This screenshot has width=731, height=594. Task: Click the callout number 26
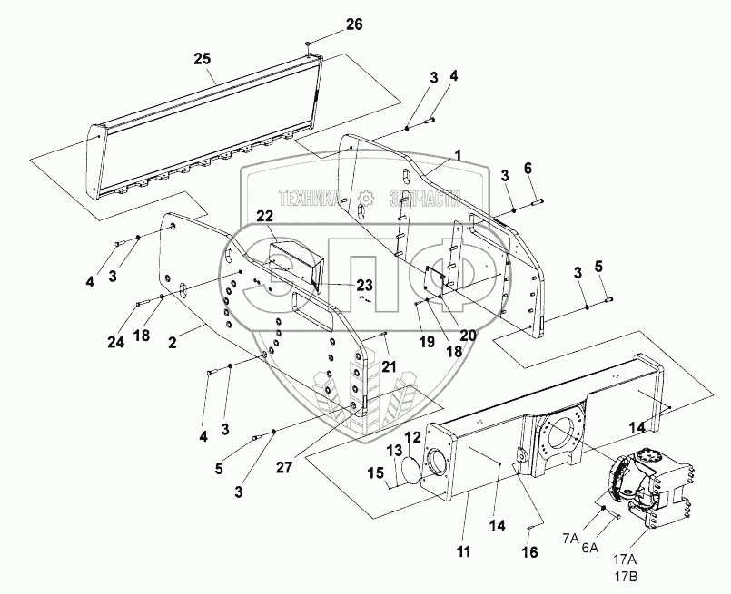(354, 24)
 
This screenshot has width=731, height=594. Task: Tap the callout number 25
(203, 59)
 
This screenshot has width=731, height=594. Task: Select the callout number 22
(264, 216)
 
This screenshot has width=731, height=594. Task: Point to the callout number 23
(364, 284)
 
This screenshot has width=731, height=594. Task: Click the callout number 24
(116, 342)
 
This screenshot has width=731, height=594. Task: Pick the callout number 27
(283, 467)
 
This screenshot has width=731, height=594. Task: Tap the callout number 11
(463, 552)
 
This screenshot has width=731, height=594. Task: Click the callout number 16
(529, 552)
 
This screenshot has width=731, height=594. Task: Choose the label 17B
(626, 577)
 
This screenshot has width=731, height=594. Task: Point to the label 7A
(570, 539)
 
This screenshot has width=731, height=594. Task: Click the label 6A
(589, 548)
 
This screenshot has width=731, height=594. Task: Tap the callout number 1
(459, 155)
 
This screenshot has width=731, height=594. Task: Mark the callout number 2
(173, 343)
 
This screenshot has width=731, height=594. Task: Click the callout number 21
(389, 367)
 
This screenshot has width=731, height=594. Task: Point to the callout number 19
(427, 341)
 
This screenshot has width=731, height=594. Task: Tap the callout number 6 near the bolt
(528, 168)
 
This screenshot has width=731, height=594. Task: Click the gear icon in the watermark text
(367, 199)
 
